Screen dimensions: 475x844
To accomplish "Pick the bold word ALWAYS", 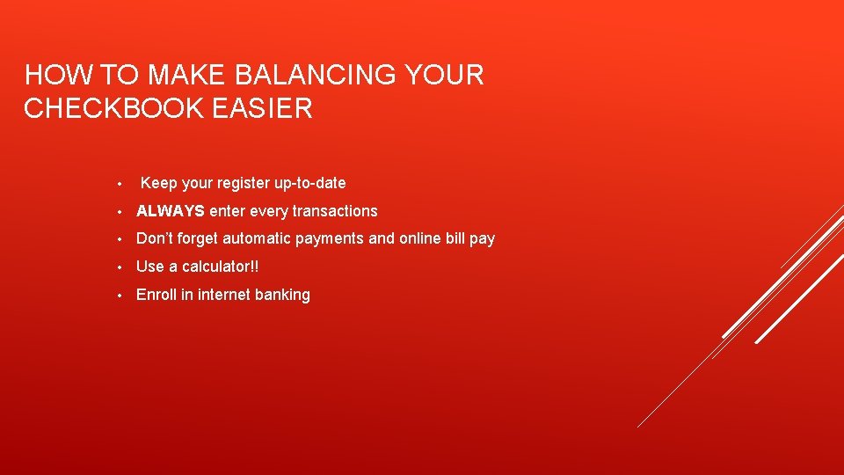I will click(x=171, y=211).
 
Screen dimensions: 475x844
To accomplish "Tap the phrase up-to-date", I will click(x=309, y=183).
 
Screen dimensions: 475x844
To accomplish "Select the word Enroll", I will click(x=156, y=295).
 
